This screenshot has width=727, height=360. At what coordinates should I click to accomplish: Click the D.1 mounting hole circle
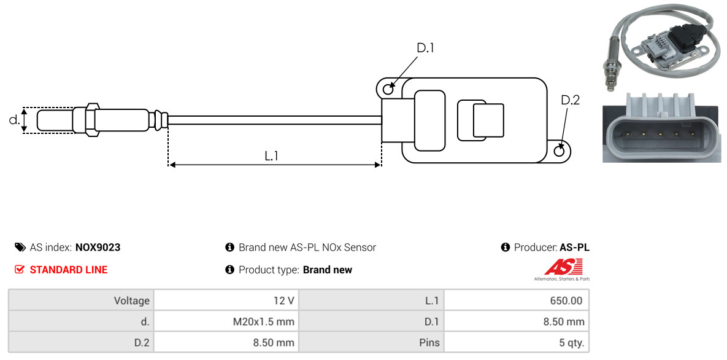[388, 90]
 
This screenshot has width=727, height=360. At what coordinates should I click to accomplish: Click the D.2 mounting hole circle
[560, 151]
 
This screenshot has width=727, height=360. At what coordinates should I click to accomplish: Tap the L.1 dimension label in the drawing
[272, 156]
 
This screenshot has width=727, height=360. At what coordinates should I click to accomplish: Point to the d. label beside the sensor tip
[14, 120]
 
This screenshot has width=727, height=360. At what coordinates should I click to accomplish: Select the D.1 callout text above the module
[425, 48]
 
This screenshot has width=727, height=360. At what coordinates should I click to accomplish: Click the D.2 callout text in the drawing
[570, 100]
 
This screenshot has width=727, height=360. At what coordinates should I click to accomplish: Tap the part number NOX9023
[98, 248]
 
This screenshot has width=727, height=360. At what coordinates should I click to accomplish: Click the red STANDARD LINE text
[68, 270]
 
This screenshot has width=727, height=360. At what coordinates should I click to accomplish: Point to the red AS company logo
[563, 267]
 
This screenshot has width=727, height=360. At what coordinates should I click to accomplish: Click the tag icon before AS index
[20, 248]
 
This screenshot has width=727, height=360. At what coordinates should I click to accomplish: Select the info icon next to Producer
[506, 248]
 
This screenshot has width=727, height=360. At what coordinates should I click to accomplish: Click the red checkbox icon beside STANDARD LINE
[20, 270]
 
